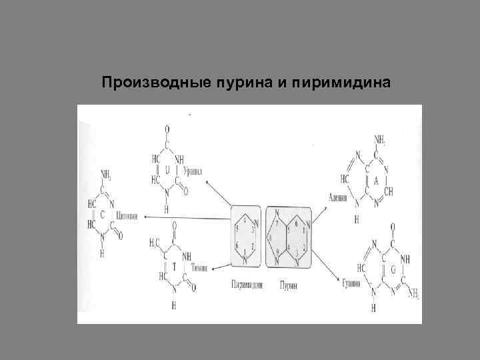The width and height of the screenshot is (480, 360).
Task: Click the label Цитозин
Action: (x=127, y=216)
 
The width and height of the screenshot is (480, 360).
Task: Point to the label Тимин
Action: (x=199, y=267)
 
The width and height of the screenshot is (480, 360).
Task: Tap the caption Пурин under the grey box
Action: (x=288, y=285)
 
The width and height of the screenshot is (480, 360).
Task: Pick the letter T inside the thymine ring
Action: (x=174, y=265)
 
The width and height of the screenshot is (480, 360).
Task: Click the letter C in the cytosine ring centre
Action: (x=103, y=214)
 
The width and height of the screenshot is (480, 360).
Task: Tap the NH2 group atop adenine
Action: (x=381, y=140)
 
